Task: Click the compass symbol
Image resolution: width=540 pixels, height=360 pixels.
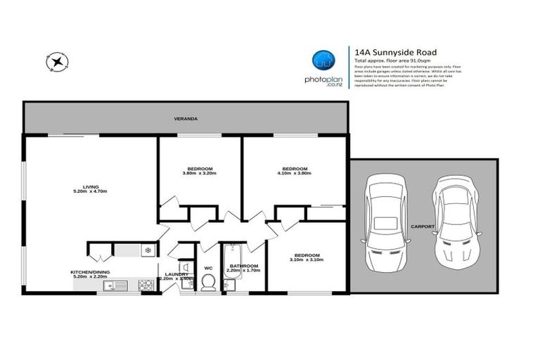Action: point(56,63)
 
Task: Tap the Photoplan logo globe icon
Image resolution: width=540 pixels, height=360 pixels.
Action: point(323,60)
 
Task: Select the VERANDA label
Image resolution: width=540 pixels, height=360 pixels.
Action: point(186,119)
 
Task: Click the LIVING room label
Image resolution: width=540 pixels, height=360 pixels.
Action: point(91,186)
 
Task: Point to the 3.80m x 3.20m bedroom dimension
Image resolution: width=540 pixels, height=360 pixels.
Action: point(200,174)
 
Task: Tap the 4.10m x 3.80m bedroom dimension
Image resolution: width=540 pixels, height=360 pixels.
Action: point(295,174)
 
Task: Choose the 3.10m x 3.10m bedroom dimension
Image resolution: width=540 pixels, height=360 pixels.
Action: point(307,260)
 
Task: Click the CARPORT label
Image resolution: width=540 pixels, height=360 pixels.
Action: point(422,226)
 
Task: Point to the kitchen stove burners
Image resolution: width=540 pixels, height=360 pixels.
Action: point(146,285)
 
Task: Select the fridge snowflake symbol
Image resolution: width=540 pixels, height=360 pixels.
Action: point(147,250)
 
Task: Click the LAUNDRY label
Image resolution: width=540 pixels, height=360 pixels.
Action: point(176,274)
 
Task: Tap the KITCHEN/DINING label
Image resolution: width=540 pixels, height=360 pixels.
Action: point(90,272)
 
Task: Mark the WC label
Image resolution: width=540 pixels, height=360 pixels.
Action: point(208,268)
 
